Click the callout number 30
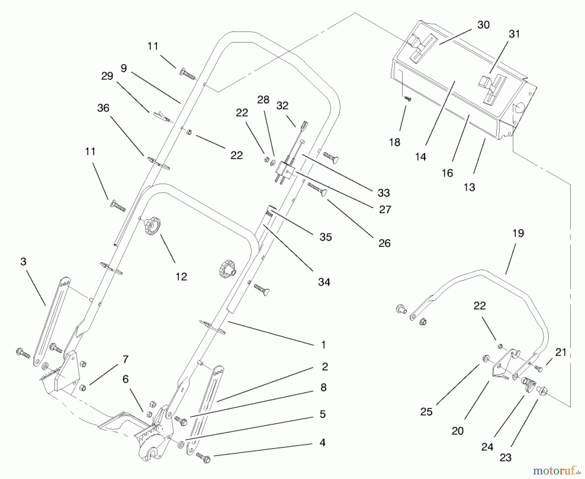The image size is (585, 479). [x=483, y=25]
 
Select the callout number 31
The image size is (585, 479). [x=514, y=34]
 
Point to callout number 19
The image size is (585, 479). [x=518, y=233]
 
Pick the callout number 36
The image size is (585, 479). [x=103, y=108]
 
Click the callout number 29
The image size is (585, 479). [x=107, y=76]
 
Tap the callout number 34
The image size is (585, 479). [x=324, y=282]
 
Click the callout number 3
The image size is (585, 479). [x=23, y=262]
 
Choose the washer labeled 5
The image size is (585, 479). [x=181, y=444]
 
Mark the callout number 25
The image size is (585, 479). [x=426, y=412]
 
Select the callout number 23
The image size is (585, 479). [x=505, y=458]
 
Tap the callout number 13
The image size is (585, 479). [x=469, y=187]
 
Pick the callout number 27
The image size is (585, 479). [x=385, y=209]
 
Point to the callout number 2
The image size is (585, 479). [x=325, y=367]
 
